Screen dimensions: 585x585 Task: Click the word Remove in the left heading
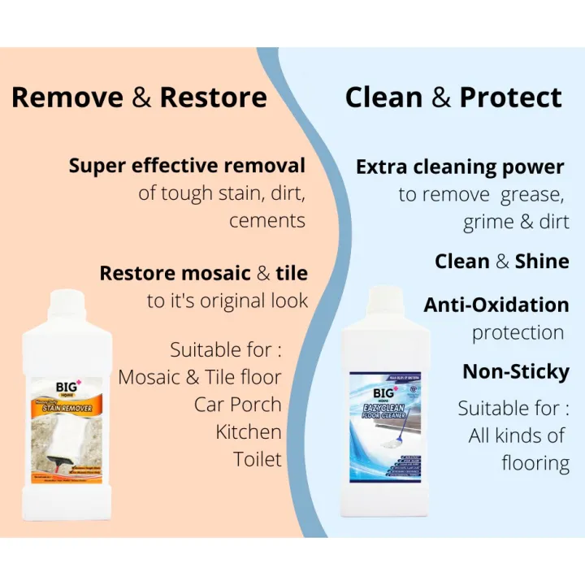point(67,98)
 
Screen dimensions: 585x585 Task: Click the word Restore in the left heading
point(213,98)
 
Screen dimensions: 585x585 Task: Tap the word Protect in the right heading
point(510,98)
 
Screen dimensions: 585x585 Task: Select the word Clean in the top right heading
point(384,98)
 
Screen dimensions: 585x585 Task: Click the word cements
point(267,221)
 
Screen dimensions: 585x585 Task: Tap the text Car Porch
point(238,404)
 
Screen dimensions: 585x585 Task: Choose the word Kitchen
point(249,431)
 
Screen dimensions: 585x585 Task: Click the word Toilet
point(257,459)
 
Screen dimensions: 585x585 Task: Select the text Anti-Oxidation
point(496,305)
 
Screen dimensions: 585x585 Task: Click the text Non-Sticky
point(515,371)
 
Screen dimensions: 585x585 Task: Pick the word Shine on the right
point(543,262)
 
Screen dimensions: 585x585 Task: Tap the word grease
point(534,195)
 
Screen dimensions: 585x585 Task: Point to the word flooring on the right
point(535,463)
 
